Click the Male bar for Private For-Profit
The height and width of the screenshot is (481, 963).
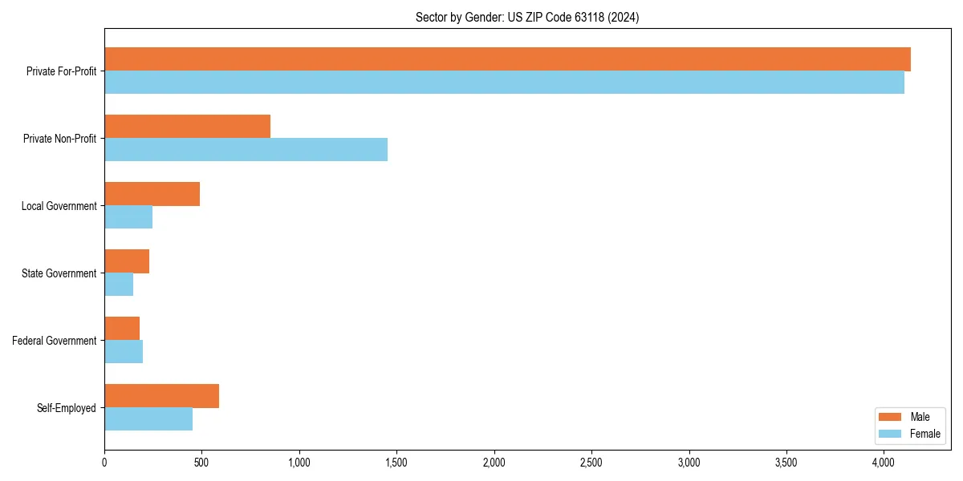tap(507, 59)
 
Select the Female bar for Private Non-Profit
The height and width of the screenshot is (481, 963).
tap(246, 150)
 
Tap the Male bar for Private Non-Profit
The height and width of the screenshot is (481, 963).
tap(187, 127)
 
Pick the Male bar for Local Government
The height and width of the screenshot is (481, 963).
tap(152, 194)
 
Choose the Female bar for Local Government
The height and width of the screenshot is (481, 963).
tap(128, 217)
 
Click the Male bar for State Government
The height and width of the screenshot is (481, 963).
tap(127, 261)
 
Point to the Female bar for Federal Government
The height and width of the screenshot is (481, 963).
tap(124, 352)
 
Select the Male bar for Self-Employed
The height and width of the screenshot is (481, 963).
tap(161, 396)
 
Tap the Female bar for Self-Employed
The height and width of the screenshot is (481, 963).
tap(148, 419)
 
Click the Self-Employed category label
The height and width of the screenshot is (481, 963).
tap(67, 408)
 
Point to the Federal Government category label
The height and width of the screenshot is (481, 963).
tap(55, 341)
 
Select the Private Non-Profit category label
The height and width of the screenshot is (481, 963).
tap(59, 139)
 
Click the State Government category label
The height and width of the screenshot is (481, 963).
tap(59, 273)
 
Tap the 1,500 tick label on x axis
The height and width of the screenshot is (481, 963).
tap(396, 463)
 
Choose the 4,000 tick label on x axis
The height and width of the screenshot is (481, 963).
tap(884, 463)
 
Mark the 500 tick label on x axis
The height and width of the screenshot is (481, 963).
tap(201, 463)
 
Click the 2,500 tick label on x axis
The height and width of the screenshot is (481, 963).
tap(591, 463)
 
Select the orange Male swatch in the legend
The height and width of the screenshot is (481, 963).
tap(891, 417)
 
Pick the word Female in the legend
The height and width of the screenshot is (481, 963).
tap(925, 434)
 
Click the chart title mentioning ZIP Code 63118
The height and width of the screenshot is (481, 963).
tap(527, 18)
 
